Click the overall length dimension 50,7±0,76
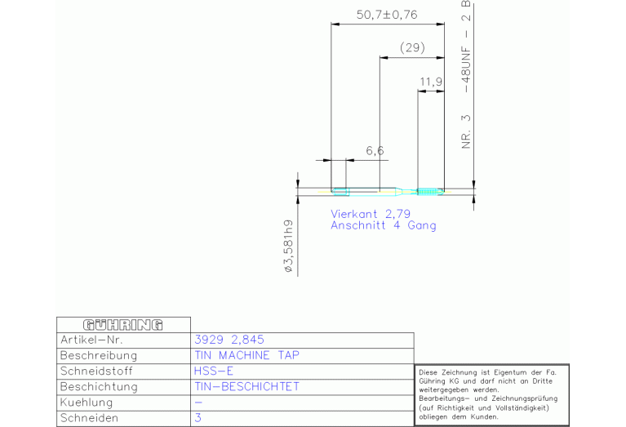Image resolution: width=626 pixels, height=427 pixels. click(387, 15)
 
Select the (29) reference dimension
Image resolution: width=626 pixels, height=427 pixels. click(412, 48)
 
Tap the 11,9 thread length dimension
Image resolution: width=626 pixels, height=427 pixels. click(431, 82)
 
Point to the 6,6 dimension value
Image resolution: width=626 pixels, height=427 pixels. click(375, 150)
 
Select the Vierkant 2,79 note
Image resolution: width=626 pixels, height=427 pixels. click(369, 214)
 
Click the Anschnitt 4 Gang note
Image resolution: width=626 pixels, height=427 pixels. click(383, 225)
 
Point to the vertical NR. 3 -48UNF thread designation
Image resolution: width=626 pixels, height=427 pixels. click(466, 73)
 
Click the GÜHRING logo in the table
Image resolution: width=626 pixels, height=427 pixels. click(122, 325)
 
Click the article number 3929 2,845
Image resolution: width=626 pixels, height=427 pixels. click(229, 340)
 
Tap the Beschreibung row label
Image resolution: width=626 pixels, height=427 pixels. click(99, 355)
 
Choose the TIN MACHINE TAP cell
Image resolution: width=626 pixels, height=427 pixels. click(246, 355)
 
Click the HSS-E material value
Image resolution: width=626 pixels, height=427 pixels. click(214, 371)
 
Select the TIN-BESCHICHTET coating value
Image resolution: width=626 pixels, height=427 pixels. click(246, 386)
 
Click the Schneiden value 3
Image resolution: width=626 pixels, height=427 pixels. click(198, 417)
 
